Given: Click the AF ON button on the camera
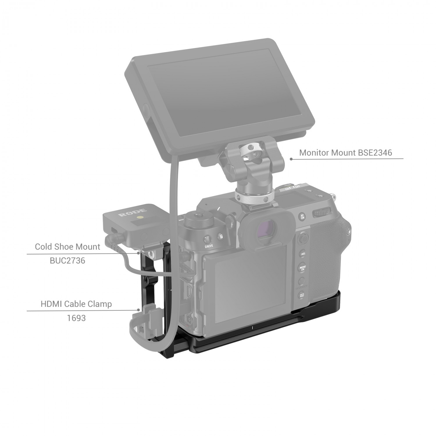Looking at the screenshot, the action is [x=302, y=216].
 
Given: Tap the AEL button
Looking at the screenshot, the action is [x=303, y=254].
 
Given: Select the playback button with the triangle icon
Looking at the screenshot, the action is [x=302, y=295].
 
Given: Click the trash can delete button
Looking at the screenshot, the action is [x=221, y=236].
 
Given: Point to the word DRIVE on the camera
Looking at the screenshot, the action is [x=209, y=246].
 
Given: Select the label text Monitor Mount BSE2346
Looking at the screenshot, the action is [x=346, y=153].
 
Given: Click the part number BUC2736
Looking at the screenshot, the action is [x=67, y=260].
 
